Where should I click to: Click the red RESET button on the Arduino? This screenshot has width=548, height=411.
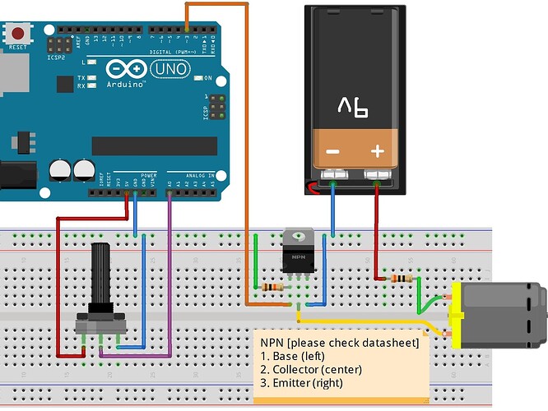(x=17, y=34)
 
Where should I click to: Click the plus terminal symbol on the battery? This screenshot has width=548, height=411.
(x=378, y=152)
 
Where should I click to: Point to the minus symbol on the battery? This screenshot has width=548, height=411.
(x=332, y=152)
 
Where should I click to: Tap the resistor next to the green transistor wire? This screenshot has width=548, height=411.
(x=272, y=287)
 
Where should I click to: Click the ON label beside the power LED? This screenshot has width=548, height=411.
(x=208, y=79)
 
